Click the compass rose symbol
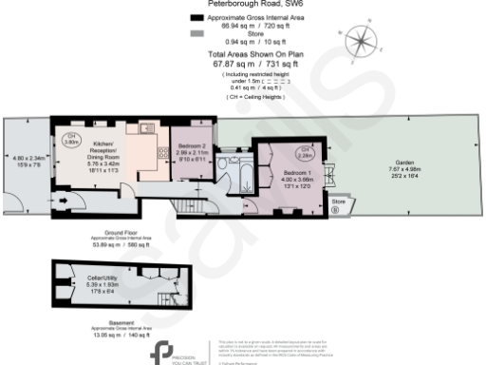[361, 40]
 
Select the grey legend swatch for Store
[197, 33]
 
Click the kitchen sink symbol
[145, 128]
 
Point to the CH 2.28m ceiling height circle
[306, 151]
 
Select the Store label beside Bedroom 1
[338, 202]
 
